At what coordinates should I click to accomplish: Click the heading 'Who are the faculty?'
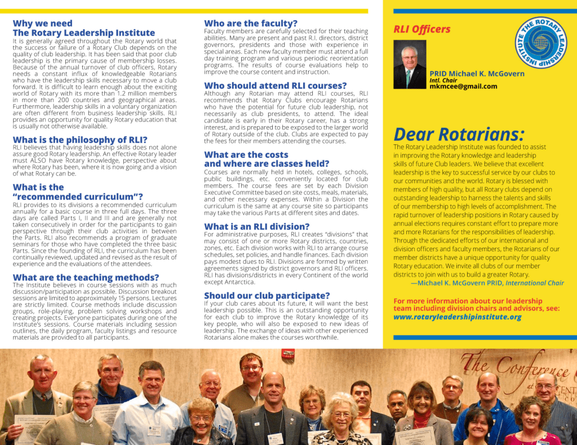pos(251,24)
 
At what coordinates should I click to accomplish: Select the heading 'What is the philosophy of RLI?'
pos(80,140)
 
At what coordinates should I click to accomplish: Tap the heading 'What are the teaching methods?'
pos(86,277)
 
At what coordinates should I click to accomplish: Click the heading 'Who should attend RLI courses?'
pos(275,86)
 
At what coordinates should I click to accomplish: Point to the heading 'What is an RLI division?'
pos(256,226)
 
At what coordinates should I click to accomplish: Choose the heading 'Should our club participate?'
pos(267,296)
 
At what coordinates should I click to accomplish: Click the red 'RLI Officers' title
pos(422,29)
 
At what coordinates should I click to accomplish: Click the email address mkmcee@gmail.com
pos(463,87)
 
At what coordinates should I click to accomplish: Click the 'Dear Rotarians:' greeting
pos(459,134)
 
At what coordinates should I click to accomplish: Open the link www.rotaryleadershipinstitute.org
pos(457,317)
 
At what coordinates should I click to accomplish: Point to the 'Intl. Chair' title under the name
pos(443,81)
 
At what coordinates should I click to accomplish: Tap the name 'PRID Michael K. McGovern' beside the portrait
pos(477,74)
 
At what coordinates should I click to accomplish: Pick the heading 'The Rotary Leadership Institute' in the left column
pos(83,33)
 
